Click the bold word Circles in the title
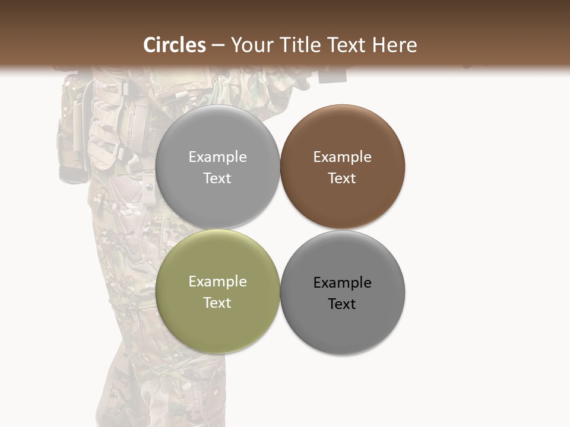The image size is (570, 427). tap(175, 45)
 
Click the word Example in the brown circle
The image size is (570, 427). tap(342, 157)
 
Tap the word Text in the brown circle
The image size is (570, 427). tap(342, 179)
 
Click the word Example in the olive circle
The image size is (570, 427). tap(217, 282)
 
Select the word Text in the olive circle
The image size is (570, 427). tap(217, 303)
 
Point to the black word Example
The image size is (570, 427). tap(342, 283)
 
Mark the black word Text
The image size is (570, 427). tap(342, 304)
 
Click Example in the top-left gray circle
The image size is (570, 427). tap(217, 157)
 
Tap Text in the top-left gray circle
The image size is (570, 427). tap(217, 179)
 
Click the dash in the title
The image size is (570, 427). tap(218, 46)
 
